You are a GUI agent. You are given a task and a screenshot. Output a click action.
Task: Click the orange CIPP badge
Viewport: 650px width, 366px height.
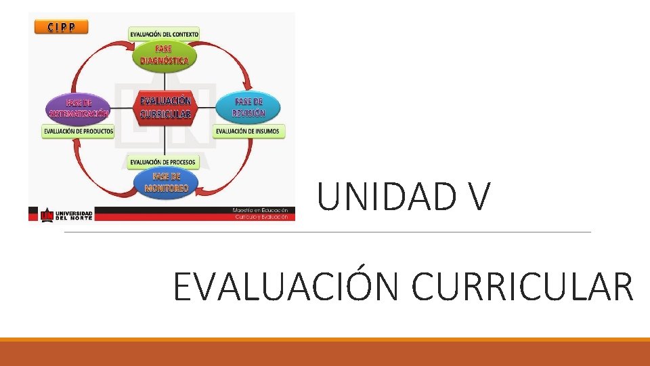[x=60, y=27]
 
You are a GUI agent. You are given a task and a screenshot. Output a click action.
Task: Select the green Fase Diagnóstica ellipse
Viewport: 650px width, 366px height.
[x=165, y=54]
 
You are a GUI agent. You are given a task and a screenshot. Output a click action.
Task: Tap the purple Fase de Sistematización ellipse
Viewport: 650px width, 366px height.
[x=79, y=108]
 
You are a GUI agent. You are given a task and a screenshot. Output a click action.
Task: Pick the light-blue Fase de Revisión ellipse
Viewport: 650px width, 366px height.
[x=248, y=107]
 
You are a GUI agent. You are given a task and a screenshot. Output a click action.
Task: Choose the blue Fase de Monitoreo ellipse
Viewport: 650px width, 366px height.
[x=165, y=182]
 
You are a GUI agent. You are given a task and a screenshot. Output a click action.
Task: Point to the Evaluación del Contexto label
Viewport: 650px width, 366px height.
[x=165, y=34]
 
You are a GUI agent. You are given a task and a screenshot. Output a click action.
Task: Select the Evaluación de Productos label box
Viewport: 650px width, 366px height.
[x=79, y=131]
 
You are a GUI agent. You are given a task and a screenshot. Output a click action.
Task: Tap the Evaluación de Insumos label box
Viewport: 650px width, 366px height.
[x=249, y=131]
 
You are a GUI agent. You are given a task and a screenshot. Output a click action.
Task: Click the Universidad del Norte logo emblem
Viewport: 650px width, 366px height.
[x=47, y=214]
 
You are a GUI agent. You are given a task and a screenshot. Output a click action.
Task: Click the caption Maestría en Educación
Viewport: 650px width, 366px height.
[x=260, y=211]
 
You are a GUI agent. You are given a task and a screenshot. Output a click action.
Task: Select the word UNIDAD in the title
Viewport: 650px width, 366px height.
[x=379, y=197]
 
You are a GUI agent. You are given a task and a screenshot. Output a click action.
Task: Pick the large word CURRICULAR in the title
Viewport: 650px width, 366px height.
[x=522, y=286]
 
